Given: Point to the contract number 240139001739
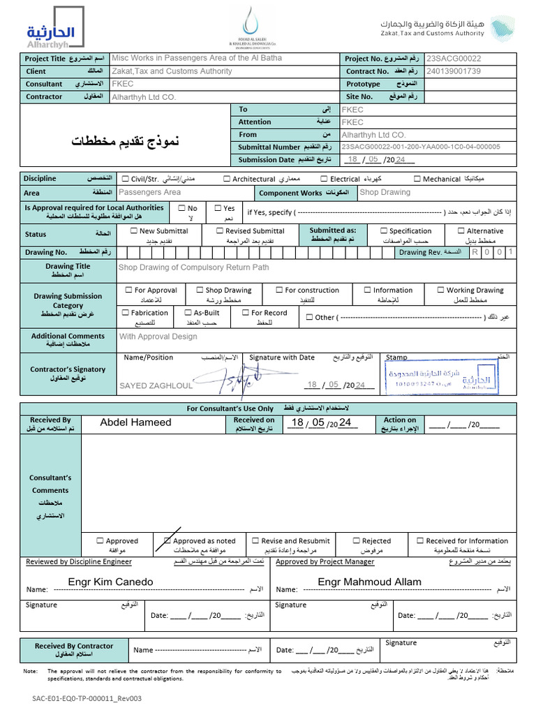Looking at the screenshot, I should coord(454,71).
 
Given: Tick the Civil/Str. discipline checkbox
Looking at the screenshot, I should coord(126,179).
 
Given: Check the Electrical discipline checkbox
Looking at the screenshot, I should coord(325,179).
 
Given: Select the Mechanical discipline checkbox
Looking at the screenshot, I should coord(417,179).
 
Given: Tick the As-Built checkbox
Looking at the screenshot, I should coord(188,313).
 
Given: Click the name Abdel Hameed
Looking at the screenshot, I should coord(135,422).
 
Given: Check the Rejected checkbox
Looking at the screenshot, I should coord(356,540).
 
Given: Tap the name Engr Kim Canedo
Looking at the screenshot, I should coord(110,582).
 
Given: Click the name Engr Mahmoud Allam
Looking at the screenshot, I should coord(369,582).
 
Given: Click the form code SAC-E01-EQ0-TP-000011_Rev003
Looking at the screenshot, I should coord(87,698).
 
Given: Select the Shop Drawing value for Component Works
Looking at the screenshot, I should coord(385,192).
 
